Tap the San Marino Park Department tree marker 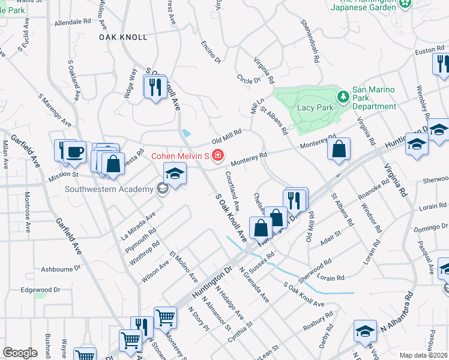pos(343,96)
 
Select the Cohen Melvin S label pos(179,157)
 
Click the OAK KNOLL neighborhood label pos(123,37)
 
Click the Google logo pos(20,353)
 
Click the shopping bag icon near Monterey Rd pos(339,150)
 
